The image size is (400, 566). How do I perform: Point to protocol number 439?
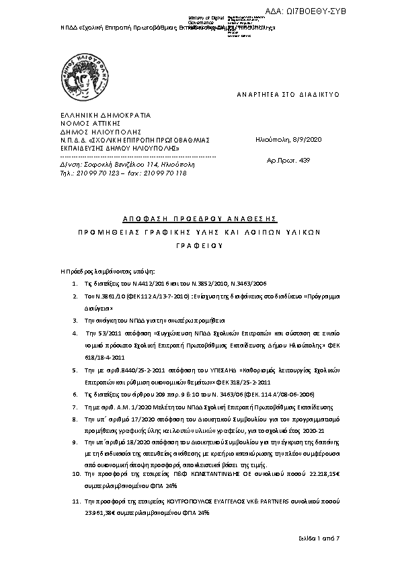304,162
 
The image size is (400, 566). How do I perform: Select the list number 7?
75,407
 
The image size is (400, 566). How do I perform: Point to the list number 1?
75,284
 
